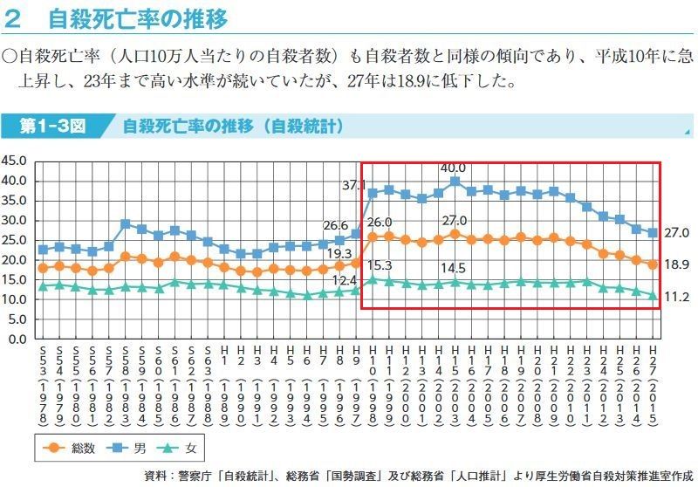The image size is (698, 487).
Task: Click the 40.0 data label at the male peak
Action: [453, 168]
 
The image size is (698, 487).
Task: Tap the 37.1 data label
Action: [353, 185]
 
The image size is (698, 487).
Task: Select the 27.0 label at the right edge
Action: [677, 233]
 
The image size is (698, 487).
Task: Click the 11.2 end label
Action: [677, 297]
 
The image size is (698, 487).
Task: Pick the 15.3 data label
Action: [380, 264]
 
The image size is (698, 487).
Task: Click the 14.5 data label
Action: [453, 267]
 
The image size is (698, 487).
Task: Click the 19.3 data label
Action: [341, 252]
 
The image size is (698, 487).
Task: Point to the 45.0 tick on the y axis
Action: [16, 161]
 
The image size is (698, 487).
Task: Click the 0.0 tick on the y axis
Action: [19, 339]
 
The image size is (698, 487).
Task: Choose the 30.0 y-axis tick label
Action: [16, 220]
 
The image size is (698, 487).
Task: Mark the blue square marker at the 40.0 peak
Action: [455, 182]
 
